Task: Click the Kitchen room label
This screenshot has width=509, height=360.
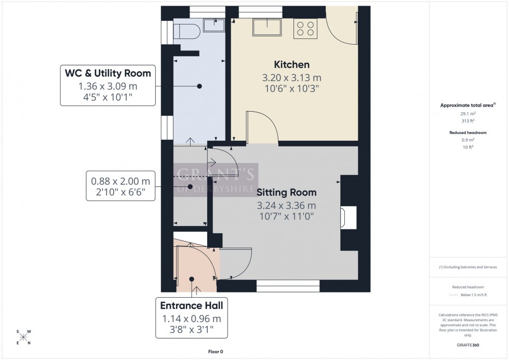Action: coord(291,65)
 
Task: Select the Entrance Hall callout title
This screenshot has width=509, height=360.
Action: coord(191,306)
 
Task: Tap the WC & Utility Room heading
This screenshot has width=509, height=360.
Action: coord(108,73)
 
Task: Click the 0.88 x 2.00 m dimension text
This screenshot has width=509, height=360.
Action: coord(120,181)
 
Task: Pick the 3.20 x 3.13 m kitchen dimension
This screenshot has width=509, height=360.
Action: coord(291,78)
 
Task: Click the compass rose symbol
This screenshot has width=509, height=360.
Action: coord(22,337)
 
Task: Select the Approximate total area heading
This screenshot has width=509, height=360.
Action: coord(466,105)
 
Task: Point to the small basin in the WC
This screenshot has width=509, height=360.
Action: coord(213,24)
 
